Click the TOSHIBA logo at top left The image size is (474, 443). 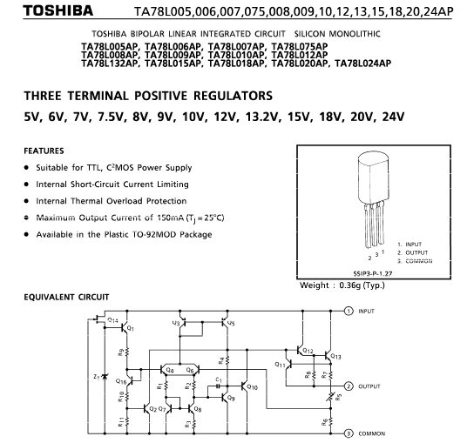coord(58,10)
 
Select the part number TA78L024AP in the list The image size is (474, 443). coord(362,64)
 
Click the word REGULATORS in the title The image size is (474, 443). coord(233,96)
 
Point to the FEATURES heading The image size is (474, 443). coord(44,151)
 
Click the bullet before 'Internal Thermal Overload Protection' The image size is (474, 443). coord(27,201)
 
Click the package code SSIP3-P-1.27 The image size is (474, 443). coord(372,273)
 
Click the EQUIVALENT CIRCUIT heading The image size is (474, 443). coord(66,297)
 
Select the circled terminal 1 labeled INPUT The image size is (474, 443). coord(349,311)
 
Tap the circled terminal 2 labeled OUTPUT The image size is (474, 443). coord(349,386)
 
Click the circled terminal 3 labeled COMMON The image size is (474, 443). coord(349,433)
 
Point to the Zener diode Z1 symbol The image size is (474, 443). coord(105,377)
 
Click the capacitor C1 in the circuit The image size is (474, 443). coord(218,386)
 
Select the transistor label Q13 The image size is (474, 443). coord(335,356)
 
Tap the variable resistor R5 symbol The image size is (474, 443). coord(331,396)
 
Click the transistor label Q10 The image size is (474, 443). coord(252,386)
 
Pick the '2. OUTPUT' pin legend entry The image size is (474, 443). coord(413,252)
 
